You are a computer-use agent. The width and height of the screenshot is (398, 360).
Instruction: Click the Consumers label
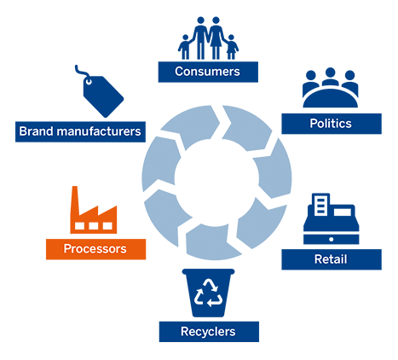[208, 72]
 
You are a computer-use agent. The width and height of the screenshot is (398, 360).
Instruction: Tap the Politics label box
[332, 124]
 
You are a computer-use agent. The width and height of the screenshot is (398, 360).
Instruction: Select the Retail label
[332, 259]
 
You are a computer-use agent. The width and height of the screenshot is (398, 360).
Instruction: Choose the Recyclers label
[209, 332]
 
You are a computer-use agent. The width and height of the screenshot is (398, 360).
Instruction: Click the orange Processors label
[95, 249]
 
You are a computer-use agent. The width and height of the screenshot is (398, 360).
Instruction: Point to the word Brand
[36, 131]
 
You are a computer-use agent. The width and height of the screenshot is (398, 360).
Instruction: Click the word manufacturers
[99, 131]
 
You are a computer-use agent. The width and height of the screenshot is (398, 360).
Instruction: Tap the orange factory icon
[94, 210]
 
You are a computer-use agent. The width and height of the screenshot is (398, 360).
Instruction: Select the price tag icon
[100, 91]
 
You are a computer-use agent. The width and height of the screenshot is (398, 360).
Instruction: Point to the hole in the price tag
[89, 82]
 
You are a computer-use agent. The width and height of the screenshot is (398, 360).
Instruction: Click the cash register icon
[331, 218]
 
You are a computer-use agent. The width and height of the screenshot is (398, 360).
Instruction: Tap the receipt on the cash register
[320, 205]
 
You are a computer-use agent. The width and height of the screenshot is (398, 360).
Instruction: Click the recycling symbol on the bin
[209, 293]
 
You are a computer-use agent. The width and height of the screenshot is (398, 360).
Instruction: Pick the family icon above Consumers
[208, 38]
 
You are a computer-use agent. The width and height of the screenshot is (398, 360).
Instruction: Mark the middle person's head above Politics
[330, 73]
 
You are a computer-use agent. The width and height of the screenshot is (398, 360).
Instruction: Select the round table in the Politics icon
[331, 98]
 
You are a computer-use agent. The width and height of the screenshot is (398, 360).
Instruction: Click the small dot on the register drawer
[331, 240]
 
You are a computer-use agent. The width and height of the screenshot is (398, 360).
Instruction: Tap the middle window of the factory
[94, 226]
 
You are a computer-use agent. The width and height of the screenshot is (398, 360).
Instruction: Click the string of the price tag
[81, 72]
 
